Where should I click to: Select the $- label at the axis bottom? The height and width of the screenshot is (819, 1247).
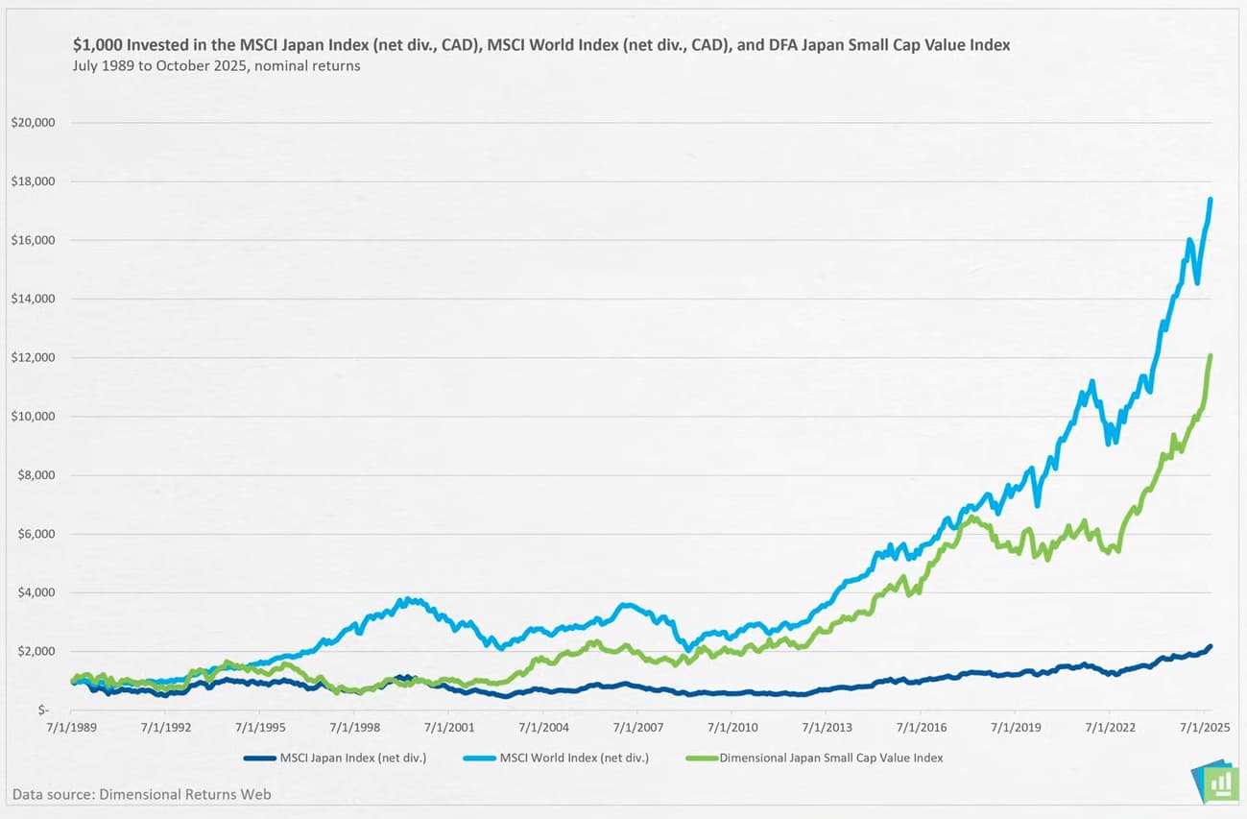(x=43, y=711)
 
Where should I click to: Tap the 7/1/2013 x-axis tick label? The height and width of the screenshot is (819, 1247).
(x=827, y=728)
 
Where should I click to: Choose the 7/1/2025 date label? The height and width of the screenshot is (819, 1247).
(x=1203, y=728)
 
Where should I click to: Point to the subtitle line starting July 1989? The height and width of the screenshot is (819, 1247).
(x=216, y=66)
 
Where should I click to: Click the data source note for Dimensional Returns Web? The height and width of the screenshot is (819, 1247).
(x=142, y=794)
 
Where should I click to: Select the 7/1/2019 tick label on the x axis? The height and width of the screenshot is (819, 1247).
(x=1015, y=728)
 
